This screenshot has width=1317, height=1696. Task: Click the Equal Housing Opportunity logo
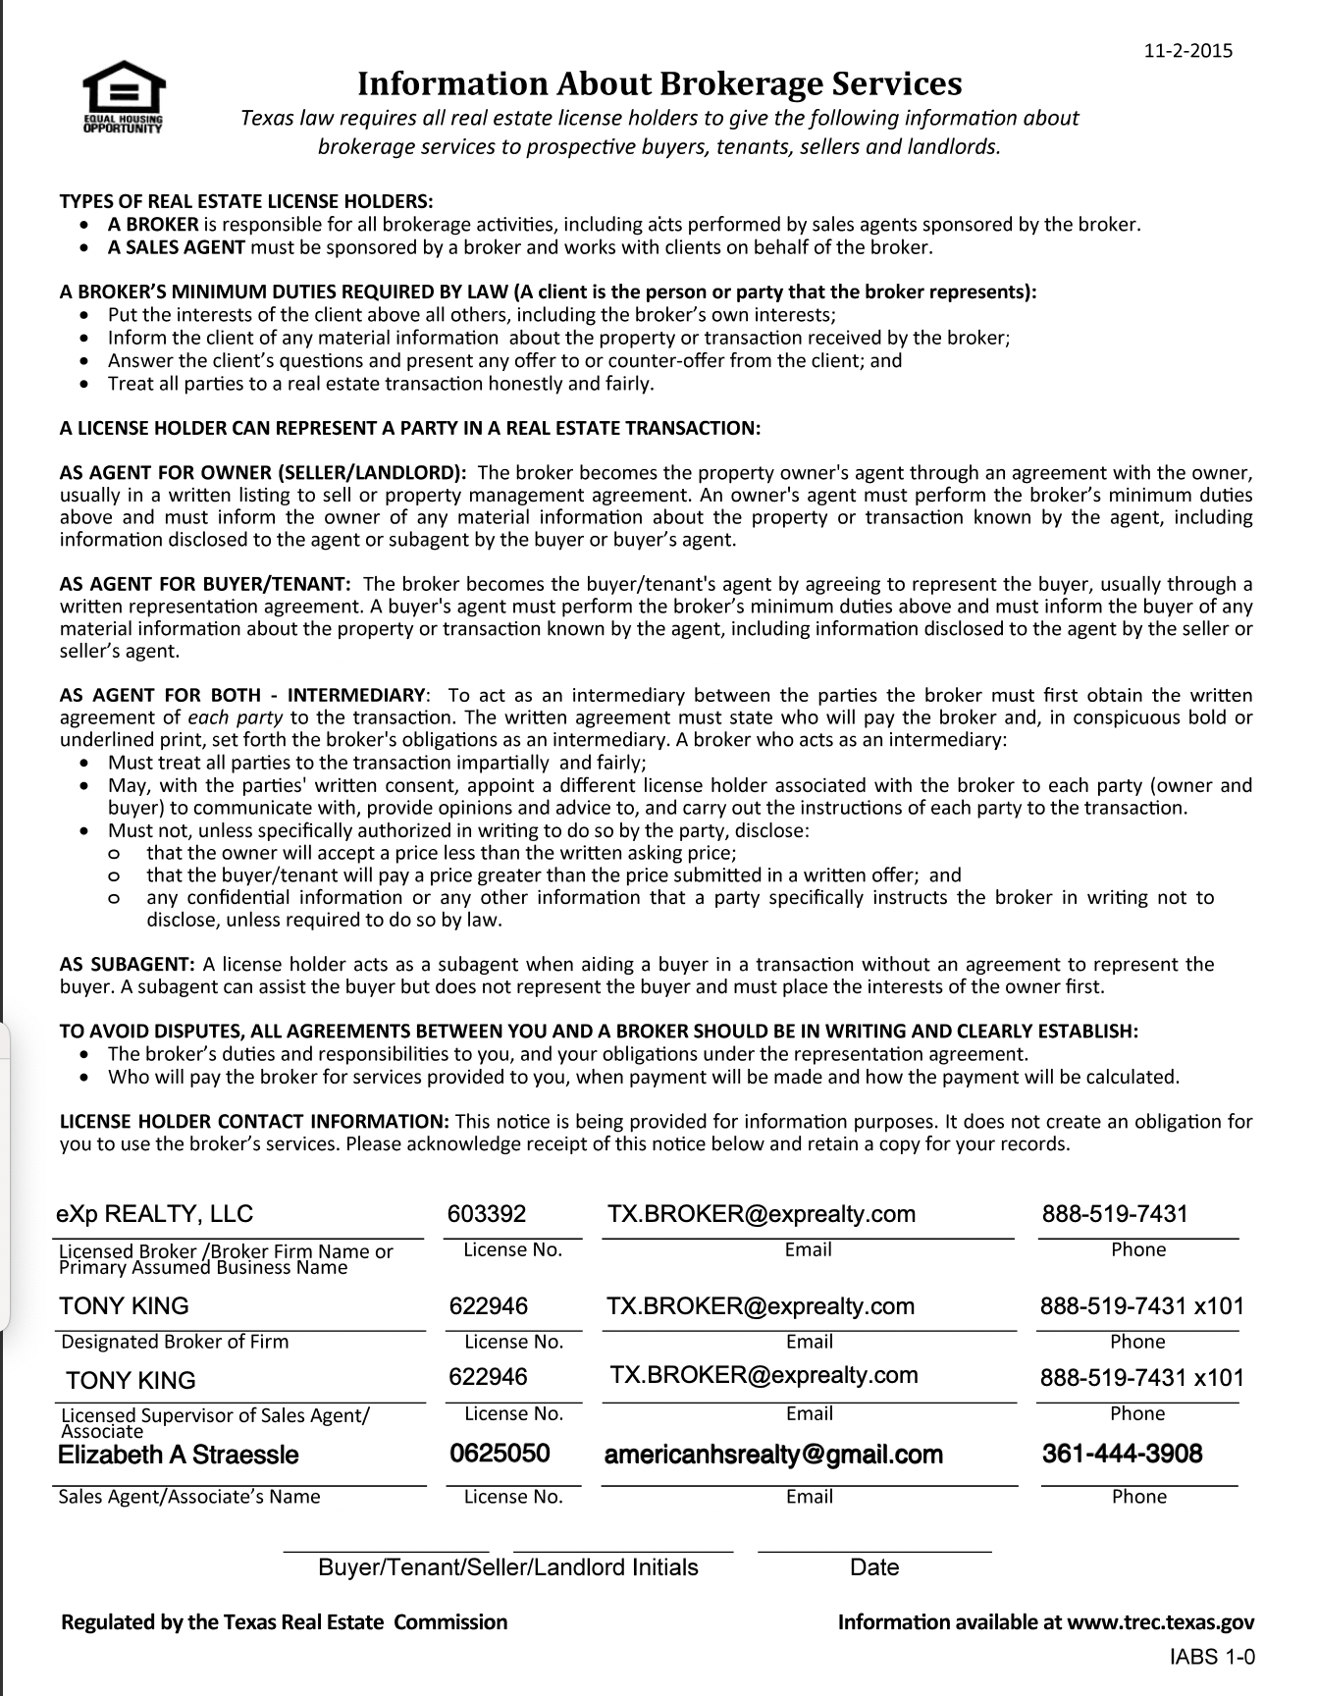tap(123, 97)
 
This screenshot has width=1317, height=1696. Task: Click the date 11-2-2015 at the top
tap(1188, 51)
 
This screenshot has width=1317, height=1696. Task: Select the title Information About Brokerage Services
tap(658, 83)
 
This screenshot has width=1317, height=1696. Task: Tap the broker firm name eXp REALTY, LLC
tap(155, 1214)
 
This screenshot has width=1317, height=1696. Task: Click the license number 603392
tap(487, 1214)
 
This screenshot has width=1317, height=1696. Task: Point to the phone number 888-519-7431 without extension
tap(1115, 1214)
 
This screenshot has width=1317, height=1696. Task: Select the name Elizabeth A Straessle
tap(179, 1455)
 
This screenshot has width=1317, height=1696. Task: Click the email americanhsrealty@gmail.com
tap(773, 1455)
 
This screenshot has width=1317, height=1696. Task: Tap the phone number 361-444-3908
tap(1122, 1454)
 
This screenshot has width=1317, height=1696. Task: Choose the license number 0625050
tap(500, 1454)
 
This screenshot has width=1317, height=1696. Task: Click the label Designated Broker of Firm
tap(175, 1342)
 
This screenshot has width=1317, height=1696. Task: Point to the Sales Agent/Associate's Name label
tap(189, 1497)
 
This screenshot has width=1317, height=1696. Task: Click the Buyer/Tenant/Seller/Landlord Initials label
tap(508, 1567)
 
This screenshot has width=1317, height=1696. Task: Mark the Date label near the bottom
tap(874, 1567)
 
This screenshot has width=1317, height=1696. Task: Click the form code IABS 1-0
tap(1212, 1659)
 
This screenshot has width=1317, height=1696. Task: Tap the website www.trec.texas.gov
tap(1160, 1622)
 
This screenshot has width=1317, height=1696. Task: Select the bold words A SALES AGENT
tap(177, 247)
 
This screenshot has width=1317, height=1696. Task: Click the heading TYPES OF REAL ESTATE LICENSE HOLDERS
tap(246, 201)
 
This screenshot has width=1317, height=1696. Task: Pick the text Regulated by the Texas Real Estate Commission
tap(285, 1622)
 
